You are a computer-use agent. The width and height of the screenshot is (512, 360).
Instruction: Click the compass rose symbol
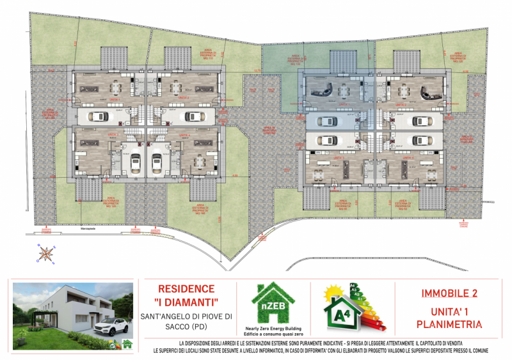point(45,254)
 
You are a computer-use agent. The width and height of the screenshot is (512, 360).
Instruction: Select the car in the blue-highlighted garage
point(327,121)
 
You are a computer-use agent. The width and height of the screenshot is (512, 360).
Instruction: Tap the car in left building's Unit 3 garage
point(136,164)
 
